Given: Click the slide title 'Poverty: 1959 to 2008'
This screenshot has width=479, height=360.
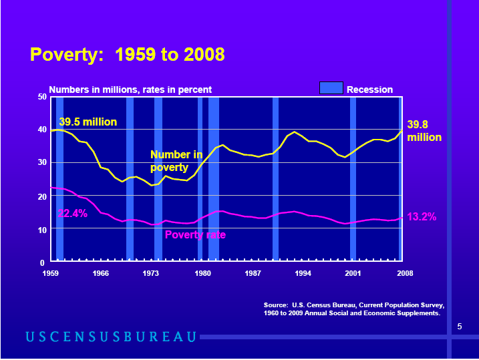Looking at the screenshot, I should point(127,55).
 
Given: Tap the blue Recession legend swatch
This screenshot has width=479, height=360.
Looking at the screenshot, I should point(331,88).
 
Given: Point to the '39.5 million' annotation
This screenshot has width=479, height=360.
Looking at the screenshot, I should point(88,122).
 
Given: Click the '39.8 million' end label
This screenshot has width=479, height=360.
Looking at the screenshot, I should point(424,130).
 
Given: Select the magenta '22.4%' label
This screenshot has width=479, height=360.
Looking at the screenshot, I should point(72,214).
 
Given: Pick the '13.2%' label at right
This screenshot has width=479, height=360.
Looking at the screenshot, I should point(421,216).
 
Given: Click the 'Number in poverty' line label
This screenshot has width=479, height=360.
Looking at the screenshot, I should point(176,161).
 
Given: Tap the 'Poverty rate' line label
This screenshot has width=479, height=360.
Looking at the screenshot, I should point(195,234).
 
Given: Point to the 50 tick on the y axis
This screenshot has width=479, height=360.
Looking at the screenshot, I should point(41,97).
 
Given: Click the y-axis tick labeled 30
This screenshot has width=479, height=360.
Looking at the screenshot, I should point(41,162).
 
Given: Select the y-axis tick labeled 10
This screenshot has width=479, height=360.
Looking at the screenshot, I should point(41,229).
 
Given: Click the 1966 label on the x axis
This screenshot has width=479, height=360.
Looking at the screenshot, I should point(101,273).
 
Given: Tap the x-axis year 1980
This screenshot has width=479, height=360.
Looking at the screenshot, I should point(202,273).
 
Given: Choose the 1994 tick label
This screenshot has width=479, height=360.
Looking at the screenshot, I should point(303,273).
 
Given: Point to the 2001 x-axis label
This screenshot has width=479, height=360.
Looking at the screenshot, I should point(353,273).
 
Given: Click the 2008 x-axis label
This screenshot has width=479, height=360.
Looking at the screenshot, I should point(404,273).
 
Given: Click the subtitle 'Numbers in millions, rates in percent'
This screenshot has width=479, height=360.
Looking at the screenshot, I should point(130,89).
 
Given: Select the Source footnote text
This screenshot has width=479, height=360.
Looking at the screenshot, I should point(353,309).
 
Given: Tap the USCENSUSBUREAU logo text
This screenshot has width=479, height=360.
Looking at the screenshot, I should point(112,336).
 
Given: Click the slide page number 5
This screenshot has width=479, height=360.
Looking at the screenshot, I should point(460,326).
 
